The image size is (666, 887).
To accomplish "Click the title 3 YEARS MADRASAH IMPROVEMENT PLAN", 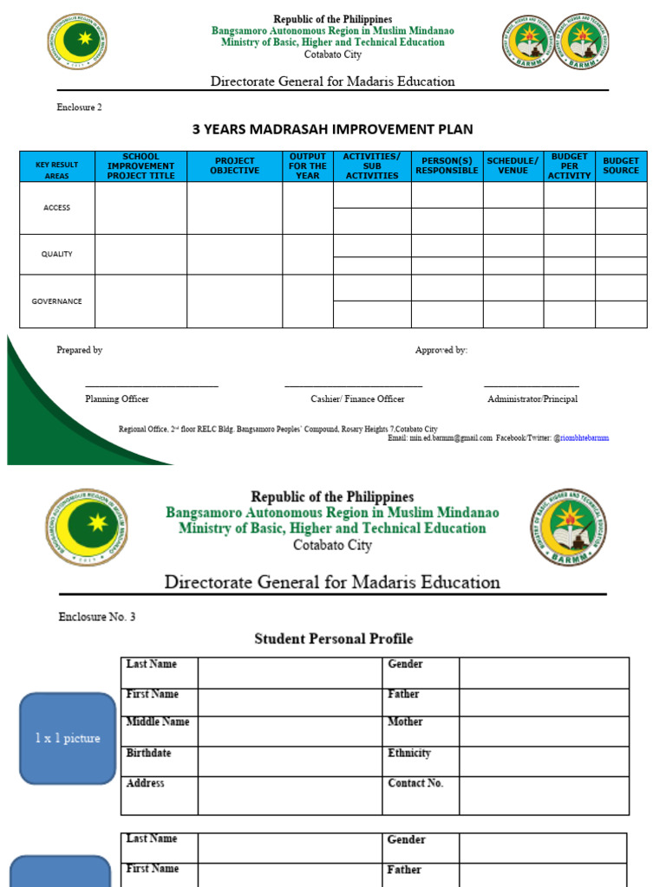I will pos(332,130).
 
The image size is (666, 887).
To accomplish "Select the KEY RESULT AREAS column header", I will pos(56,169).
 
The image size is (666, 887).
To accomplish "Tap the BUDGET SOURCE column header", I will pos(621,165).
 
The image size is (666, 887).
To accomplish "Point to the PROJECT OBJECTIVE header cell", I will pos(234,165).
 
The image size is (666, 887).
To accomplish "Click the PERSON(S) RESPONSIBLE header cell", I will pos(447,165).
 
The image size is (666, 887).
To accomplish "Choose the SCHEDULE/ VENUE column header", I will pos(513,165).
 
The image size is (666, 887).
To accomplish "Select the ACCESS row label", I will pos(56,208).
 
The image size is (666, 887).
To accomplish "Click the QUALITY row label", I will pos(56,255).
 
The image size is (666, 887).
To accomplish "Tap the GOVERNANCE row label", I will pos(56,301).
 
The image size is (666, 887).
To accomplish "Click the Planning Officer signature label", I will pos(116,399).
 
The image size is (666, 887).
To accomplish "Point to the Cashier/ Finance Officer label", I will pos(357,399).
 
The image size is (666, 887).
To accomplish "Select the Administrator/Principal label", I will pos(532,399).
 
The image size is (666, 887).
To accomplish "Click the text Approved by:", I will pos(441,350).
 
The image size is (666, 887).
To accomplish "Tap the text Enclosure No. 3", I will pos(97,618).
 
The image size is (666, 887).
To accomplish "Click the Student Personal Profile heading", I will pos(333,639).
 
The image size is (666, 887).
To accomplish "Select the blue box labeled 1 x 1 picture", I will pos(68,738).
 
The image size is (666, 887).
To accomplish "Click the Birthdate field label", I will pos(148,754).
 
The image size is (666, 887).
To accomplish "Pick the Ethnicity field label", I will pos(409,754).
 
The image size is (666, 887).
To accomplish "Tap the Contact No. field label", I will pos(415,783).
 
